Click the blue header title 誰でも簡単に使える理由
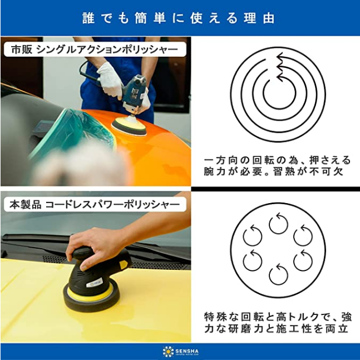click(179, 18)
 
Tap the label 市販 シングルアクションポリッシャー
click(95, 50)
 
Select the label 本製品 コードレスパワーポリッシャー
click(95, 205)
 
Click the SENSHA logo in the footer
click(180, 352)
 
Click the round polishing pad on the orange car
click(129, 127)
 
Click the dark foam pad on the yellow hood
click(91, 297)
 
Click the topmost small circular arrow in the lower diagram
click(279, 223)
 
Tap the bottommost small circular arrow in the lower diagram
click(279, 275)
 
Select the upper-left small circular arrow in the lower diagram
click(253, 236)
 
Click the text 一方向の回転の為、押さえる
click(277, 160)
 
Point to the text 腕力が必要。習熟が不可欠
click(274, 171)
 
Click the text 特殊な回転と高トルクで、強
click(278, 317)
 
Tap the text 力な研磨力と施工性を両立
click(276, 329)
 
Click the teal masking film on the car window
click(76, 133)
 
